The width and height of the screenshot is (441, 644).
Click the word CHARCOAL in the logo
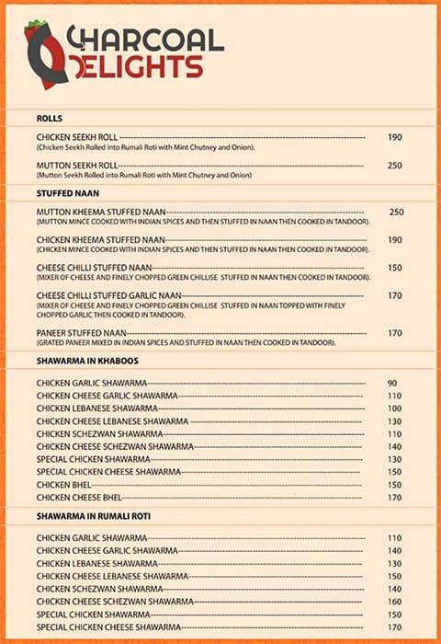tap(147, 39)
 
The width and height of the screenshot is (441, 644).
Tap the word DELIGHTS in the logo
tap(143, 66)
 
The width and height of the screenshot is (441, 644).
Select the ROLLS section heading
tap(50, 119)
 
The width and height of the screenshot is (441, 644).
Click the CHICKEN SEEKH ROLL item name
tap(78, 137)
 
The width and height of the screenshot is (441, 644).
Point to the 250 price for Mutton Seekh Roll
tap(395, 166)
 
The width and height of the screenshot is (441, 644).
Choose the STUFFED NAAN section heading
tap(68, 193)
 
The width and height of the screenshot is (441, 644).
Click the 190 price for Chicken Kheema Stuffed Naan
tap(395, 240)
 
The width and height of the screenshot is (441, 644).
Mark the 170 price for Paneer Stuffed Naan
tap(395, 333)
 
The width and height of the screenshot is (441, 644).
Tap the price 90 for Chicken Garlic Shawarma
tap(392, 383)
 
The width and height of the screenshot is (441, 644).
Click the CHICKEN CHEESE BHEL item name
tap(82, 498)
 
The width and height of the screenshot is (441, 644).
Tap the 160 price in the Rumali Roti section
tap(395, 602)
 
